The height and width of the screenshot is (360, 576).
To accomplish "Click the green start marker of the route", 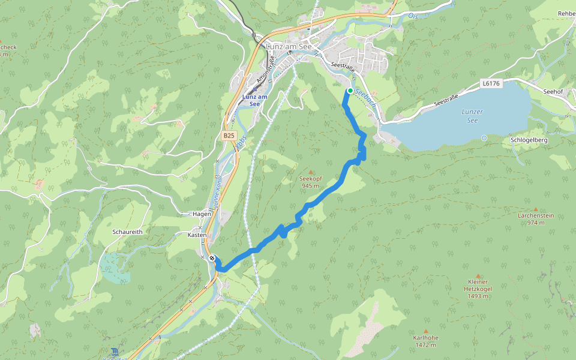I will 350,91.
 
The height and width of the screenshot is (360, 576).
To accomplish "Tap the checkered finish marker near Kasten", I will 213,259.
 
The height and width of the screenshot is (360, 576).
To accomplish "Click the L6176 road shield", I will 490,84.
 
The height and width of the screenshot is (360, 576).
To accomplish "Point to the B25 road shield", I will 228,136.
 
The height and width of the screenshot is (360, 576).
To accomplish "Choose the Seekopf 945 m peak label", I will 310,182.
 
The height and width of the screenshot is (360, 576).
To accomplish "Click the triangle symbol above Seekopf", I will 310,172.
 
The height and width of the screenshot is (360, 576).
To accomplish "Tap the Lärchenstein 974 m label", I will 536,218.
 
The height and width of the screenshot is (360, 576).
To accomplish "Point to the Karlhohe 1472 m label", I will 425,341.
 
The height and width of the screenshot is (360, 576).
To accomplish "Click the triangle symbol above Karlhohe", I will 425,331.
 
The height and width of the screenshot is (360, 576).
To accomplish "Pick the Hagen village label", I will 202,214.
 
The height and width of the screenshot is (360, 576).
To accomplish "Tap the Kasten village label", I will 197,235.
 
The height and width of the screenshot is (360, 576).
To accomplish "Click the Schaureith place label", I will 127,231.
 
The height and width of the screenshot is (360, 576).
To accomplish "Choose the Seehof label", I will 553,91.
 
